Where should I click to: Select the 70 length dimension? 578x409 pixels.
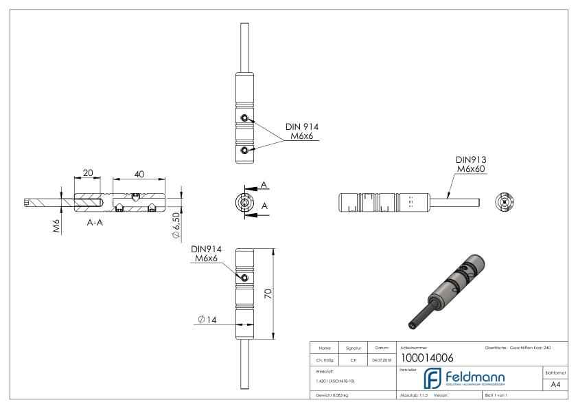pyautogui.click(x=268, y=294)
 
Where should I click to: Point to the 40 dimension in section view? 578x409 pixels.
pyautogui.click(x=139, y=175)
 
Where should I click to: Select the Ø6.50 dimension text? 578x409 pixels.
pyautogui.click(x=177, y=225)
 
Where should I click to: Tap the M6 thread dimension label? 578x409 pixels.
pyautogui.click(x=57, y=225)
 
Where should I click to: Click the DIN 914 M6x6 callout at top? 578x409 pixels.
pyautogui.click(x=302, y=132)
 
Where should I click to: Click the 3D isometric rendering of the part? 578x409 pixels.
pyautogui.click(x=451, y=289)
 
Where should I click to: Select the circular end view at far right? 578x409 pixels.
pyautogui.click(x=505, y=201)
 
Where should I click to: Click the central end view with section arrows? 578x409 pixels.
pyautogui.click(x=243, y=201)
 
